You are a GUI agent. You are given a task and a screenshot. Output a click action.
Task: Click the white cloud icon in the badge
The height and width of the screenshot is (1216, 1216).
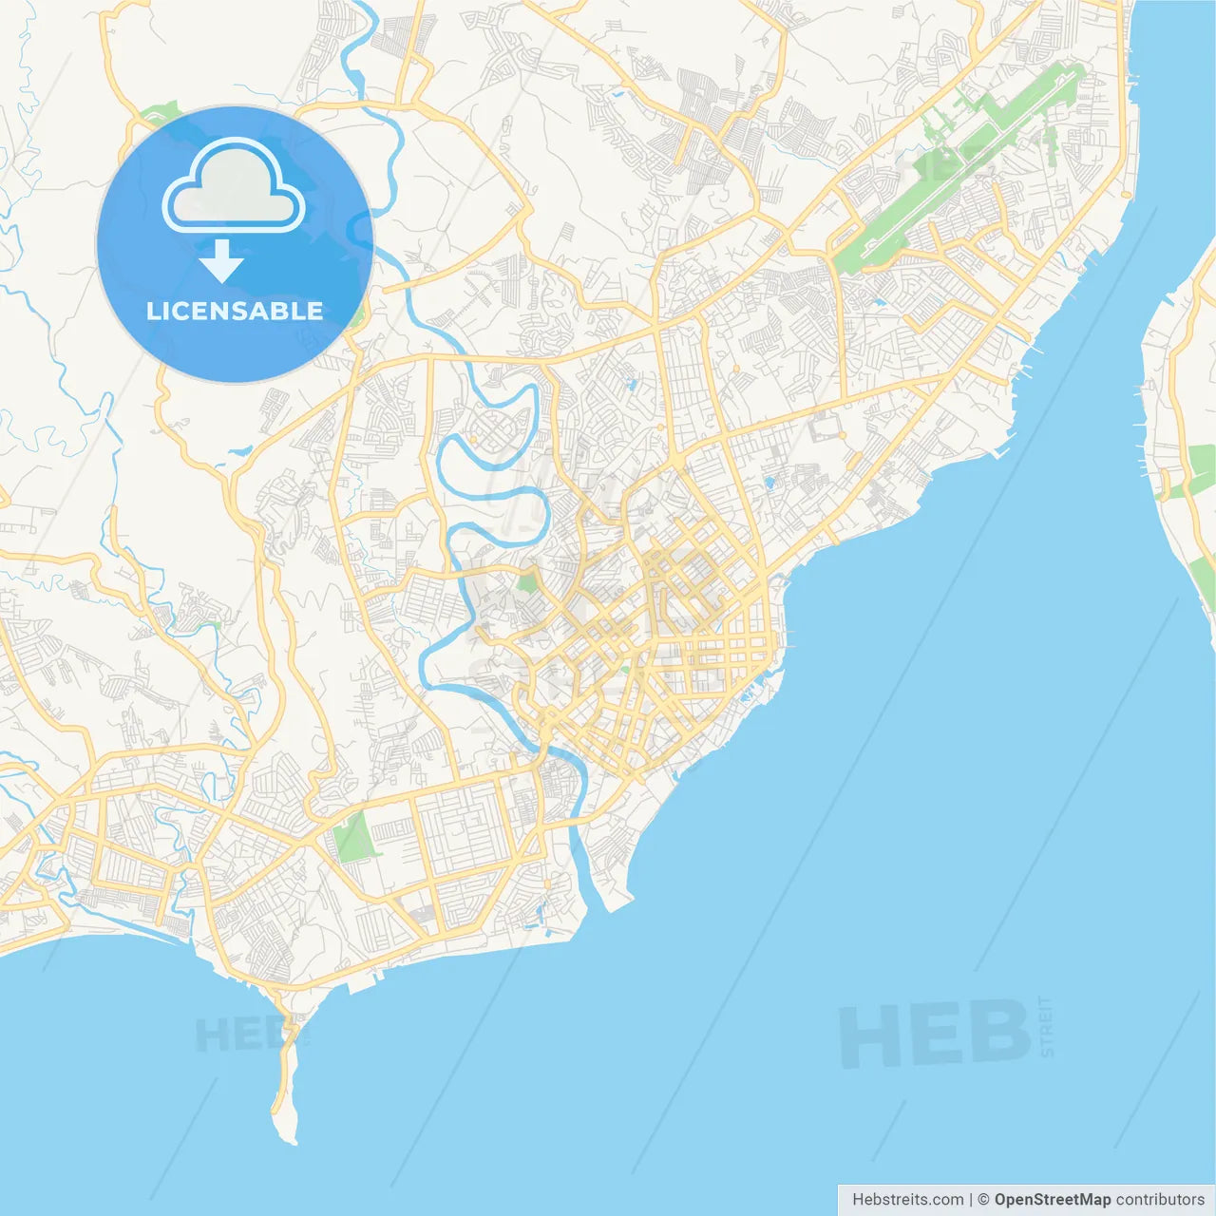pyautogui.click(x=234, y=187)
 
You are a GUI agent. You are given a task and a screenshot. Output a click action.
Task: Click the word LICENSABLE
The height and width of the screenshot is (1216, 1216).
pyautogui.click(x=235, y=311)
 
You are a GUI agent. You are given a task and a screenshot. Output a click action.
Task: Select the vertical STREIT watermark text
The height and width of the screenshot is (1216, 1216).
pyautogui.click(x=1046, y=1027)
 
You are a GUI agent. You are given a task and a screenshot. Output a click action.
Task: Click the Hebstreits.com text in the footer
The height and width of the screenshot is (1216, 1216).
pyautogui.click(x=907, y=1200)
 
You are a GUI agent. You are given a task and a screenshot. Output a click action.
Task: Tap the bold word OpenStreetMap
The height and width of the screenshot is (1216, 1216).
pyautogui.click(x=1053, y=1200)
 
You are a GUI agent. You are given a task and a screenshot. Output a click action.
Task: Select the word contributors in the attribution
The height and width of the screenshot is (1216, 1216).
pyautogui.click(x=1160, y=1200)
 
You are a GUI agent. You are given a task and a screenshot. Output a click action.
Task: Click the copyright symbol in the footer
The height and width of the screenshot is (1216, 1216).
pyautogui.click(x=984, y=1200)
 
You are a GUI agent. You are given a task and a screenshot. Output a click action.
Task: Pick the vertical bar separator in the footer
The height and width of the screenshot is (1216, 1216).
pyautogui.click(x=971, y=1200)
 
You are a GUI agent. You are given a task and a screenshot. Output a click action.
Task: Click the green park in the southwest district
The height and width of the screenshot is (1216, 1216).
pyautogui.click(x=354, y=835)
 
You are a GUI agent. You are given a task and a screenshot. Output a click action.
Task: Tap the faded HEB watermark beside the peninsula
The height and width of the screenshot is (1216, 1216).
pyautogui.click(x=237, y=1034)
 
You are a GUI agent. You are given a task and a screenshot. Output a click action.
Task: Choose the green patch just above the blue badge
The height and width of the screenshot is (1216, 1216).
pyautogui.click(x=161, y=114)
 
